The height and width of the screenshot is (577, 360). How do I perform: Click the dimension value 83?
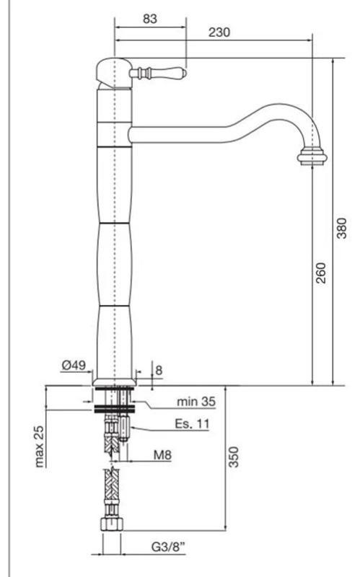click(149, 19)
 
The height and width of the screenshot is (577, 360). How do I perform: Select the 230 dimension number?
click(219, 32)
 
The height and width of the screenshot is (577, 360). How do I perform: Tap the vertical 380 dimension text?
click(341, 228)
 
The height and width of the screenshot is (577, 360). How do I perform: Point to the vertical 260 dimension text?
click(321, 271)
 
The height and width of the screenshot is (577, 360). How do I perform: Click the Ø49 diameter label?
click(74, 366)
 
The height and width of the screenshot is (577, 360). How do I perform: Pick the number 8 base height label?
click(159, 371)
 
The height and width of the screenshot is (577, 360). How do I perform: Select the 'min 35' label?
click(196, 401)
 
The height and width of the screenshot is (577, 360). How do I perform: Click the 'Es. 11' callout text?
click(192, 424)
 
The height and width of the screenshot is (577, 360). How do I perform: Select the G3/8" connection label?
click(167, 547)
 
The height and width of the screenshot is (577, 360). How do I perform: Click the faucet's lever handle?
click(158, 74)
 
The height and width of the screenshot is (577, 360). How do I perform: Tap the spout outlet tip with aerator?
click(312, 156)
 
